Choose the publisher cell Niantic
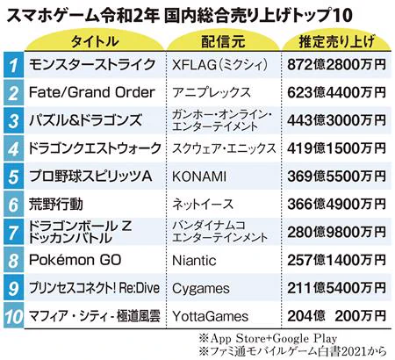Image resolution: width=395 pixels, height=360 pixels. pos(197,261)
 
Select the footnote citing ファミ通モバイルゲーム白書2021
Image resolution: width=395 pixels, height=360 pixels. pos(283,351)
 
